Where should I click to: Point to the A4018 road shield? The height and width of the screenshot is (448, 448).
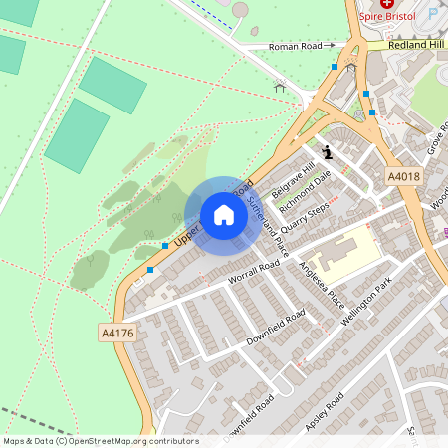(403, 176)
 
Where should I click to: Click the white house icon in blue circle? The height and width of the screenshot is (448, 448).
(224, 215)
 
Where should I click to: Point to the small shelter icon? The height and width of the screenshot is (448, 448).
(280, 87)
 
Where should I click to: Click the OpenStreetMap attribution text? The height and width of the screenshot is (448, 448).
(101, 441)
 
